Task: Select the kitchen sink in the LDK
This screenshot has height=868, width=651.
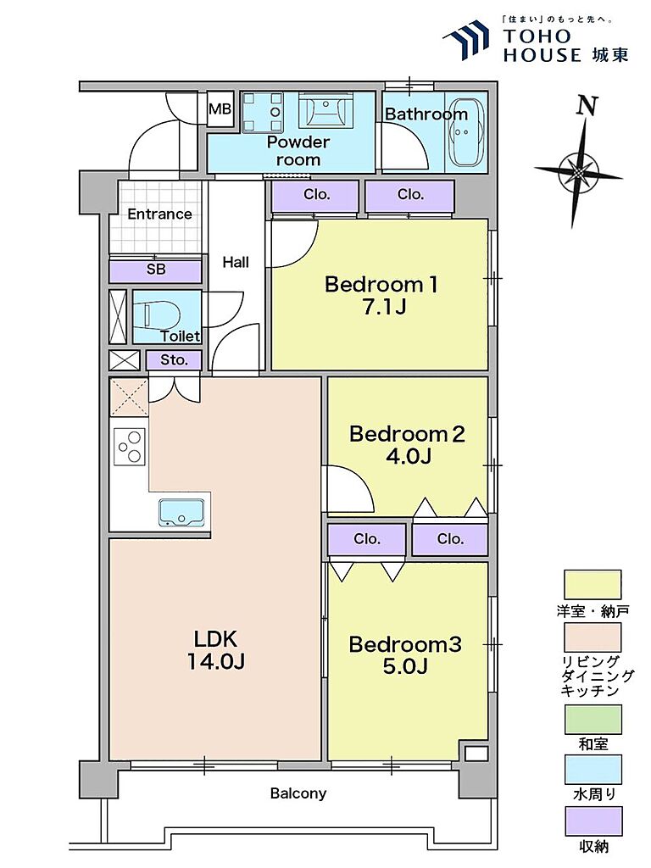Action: [x=181, y=512]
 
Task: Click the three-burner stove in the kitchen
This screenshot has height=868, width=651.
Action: [x=130, y=447]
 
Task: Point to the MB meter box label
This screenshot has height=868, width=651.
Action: [x=220, y=109]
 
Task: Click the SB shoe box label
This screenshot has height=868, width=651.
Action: [x=156, y=270]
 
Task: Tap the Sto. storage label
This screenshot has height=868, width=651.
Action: [x=174, y=359]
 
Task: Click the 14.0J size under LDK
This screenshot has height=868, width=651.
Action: [x=215, y=661]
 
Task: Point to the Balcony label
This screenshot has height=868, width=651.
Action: [x=298, y=793]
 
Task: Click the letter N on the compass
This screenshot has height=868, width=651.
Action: [x=587, y=105]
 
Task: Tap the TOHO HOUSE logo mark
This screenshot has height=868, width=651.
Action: [x=466, y=40]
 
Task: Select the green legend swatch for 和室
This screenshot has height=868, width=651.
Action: [x=593, y=719]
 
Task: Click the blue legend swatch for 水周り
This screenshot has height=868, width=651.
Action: [x=593, y=770]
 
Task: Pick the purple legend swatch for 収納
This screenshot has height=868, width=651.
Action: [x=593, y=821]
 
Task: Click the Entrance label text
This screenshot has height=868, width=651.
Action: [x=159, y=214]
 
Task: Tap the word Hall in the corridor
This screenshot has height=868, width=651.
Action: [x=236, y=262]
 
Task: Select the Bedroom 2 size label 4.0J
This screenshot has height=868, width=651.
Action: [x=408, y=456]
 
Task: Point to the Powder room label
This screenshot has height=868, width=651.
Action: [x=298, y=151]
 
